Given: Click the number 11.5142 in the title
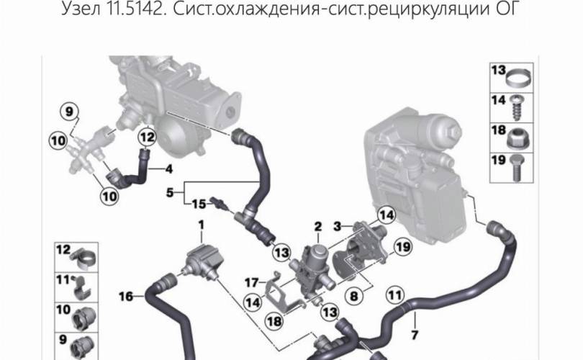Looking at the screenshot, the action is coord(136,8).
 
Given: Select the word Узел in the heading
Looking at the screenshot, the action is coord(81,9).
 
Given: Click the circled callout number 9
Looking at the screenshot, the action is coord(70,112).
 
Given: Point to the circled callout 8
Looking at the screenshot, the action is coord(353,296).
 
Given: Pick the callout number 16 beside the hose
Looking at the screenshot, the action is coord(126,297).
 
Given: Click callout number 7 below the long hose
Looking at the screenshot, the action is coord(415,335).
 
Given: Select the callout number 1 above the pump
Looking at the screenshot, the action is coord(201,225).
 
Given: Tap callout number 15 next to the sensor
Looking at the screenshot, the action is coord(199,204).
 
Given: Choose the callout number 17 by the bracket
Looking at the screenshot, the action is coord(251,283).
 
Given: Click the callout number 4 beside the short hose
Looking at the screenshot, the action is coord(169,169).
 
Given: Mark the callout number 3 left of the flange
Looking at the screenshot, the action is coord(338,226).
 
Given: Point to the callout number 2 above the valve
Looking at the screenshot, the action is coord(317,226).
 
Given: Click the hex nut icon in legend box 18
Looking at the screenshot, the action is coord(518,140).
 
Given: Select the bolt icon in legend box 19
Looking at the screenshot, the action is coord(518,168).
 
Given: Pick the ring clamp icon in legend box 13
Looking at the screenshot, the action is coord(518,77).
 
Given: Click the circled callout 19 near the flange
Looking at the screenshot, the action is coord(402,246).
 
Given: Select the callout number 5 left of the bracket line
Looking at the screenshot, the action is coord(170,193).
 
